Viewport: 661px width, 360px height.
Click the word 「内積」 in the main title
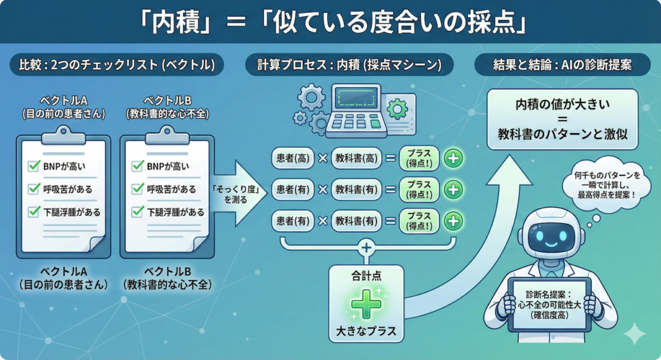point(175,23)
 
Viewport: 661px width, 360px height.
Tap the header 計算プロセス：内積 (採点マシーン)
point(349,65)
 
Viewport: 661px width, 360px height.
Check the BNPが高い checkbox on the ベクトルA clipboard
point(34,166)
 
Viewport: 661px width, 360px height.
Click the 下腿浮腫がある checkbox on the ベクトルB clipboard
point(137,211)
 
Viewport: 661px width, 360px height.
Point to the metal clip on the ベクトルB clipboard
point(167,133)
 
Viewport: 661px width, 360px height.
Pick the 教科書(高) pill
point(356,157)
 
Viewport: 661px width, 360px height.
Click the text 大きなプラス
point(366,334)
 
